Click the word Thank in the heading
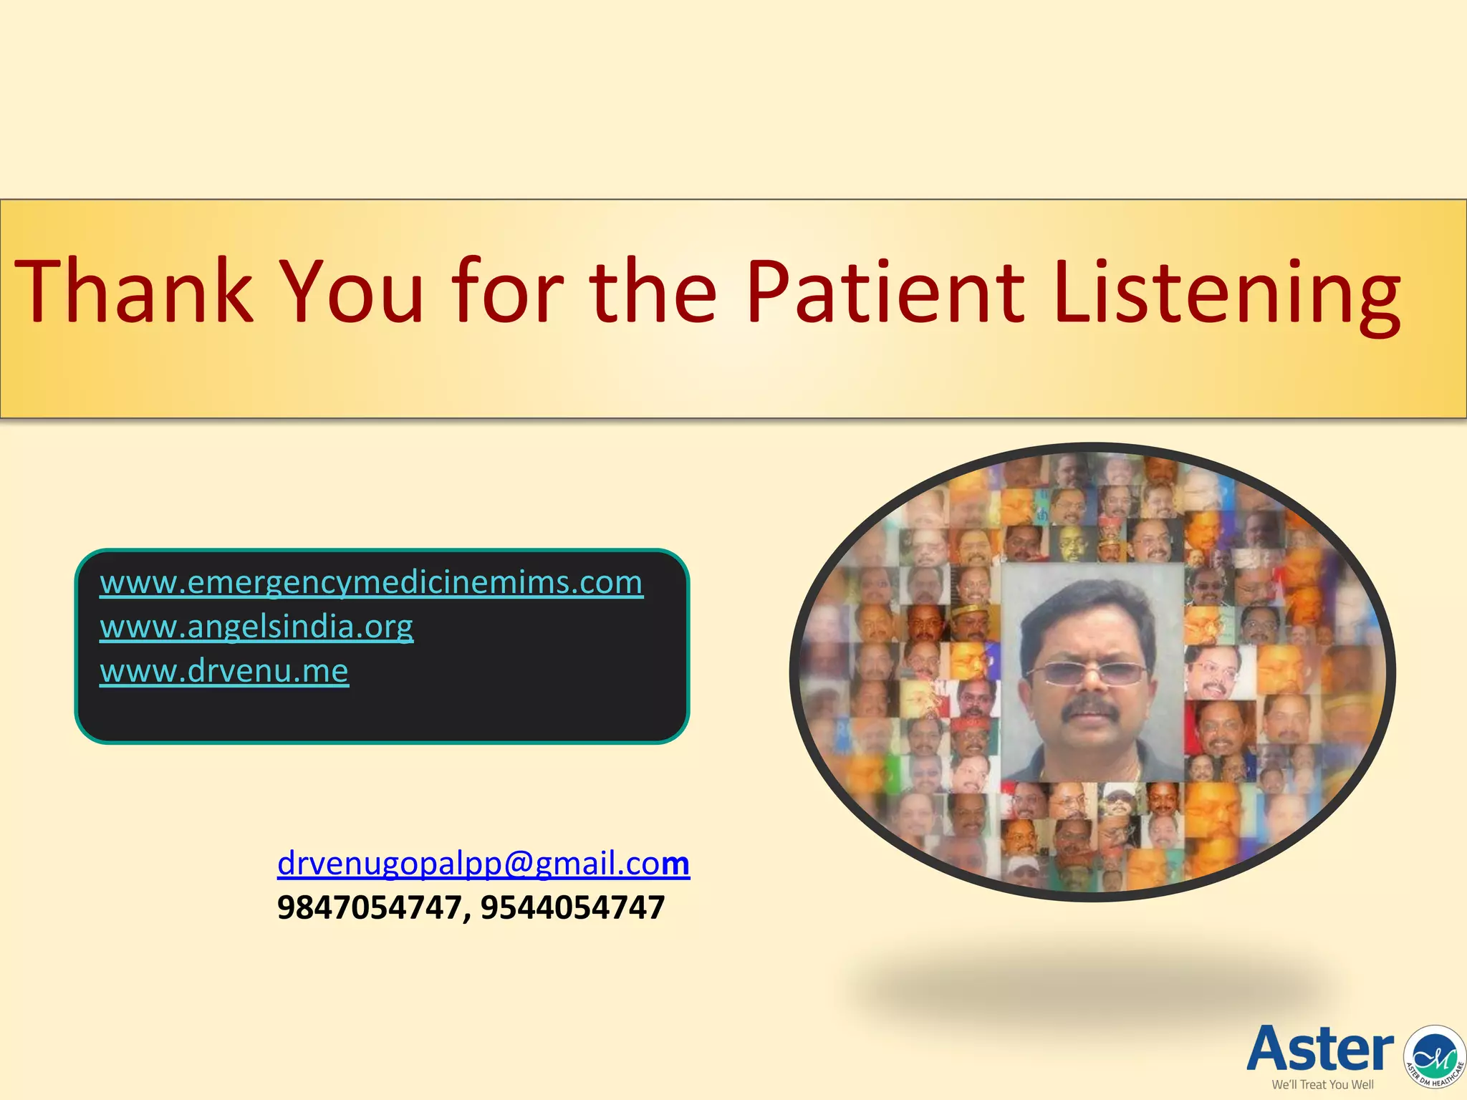click(134, 292)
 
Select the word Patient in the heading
click(885, 292)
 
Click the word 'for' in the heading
click(508, 291)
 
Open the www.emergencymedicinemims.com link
click(371, 582)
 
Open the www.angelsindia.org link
click(256, 627)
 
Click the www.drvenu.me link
click(224, 671)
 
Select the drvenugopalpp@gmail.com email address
click(483, 863)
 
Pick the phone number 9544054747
click(572, 908)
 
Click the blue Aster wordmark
click(1320, 1048)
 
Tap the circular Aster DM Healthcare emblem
click(1435, 1056)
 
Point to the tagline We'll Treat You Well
click(1322, 1084)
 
